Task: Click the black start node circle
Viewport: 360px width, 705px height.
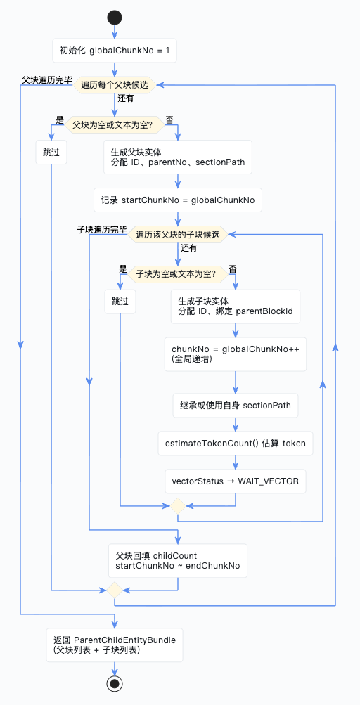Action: tap(115, 18)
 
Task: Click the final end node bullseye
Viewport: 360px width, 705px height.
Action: tap(115, 683)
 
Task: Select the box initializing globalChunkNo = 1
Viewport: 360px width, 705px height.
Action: tap(115, 51)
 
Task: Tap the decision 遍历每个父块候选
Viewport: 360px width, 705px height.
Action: tap(115, 84)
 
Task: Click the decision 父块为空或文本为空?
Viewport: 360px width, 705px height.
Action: tap(115, 124)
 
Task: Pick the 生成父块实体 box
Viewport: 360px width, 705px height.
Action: tap(178, 157)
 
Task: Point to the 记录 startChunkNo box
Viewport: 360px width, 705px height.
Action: tap(178, 200)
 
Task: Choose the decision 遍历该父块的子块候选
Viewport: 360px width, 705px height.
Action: tap(178, 234)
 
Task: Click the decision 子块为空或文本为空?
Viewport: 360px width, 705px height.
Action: tap(178, 273)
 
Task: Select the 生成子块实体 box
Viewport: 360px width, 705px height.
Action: tap(236, 306)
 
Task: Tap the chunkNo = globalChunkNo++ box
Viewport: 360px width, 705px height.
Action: tap(236, 354)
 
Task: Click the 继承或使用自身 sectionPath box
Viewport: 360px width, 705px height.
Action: tap(236, 405)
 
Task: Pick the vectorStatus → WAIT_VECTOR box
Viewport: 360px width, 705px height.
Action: tap(236, 481)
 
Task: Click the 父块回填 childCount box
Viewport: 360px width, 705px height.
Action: tap(178, 561)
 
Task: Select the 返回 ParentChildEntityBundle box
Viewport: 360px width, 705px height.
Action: tap(115, 645)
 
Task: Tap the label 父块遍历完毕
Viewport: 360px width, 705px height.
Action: tap(47, 79)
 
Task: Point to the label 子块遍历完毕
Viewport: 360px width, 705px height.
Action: tap(102, 230)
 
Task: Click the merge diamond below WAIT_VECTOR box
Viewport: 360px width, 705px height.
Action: tap(178, 505)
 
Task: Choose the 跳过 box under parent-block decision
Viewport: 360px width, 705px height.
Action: tap(51, 153)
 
